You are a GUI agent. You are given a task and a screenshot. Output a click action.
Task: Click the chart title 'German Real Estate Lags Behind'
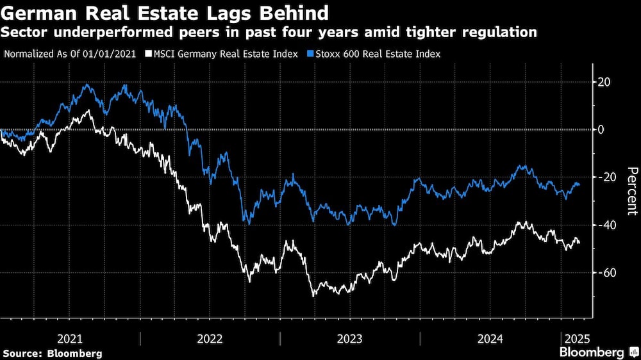click(x=167, y=12)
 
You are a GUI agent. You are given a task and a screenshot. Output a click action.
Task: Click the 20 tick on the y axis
click(x=604, y=82)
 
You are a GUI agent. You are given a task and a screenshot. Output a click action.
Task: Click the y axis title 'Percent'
click(x=631, y=190)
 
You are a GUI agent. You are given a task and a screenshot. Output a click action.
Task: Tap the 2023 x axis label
click(x=349, y=338)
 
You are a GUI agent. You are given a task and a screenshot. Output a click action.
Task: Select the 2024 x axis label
click(x=490, y=338)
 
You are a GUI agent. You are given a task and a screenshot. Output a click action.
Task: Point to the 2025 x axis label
click(x=576, y=338)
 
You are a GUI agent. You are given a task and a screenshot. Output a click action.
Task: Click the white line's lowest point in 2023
click(x=314, y=295)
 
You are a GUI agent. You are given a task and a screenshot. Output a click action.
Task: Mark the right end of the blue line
click(x=580, y=185)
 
